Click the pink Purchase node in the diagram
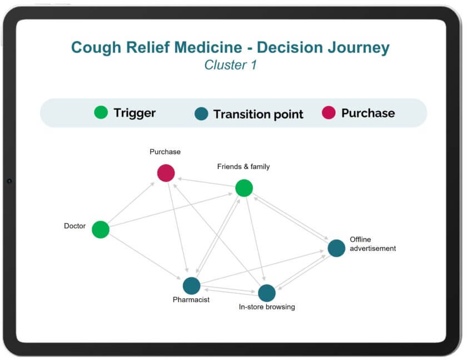pyautogui.click(x=166, y=173)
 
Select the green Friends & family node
pyautogui.click(x=244, y=188)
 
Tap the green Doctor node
pyautogui.click(x=101, y=229)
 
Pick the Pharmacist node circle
pyautogui.click(x=191, y=286)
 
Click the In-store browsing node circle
pyautogui.click(x=267, y=293)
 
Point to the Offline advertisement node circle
pyautogui.click(x=336, y=248)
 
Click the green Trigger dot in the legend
pyautogui.click(x=101, y=112)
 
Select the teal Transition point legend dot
pyautogui.click(x=201, y=114)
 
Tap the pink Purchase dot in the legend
pyautogui.click(x=329, y=112)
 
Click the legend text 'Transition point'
pyautogui.click(x=258, y=114)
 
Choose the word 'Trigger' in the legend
pyautogui.click(x=135, y=114)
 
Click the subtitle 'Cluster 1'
pyautogui.click(x=230, y=65)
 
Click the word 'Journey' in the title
pyautogui.click(x=359, y=48)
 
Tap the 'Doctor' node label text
pyautogui.click(x=74, y=226)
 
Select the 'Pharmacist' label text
pyautogui.click(x=191, y=299)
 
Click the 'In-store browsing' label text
pyautogui.click(x=267, y=307)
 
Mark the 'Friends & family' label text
pyautogui.click(x=244, y=166)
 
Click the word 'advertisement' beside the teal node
pyautogui.click(x=373, y=249)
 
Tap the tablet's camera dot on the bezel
pyautogui.click(x=9, y=181)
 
